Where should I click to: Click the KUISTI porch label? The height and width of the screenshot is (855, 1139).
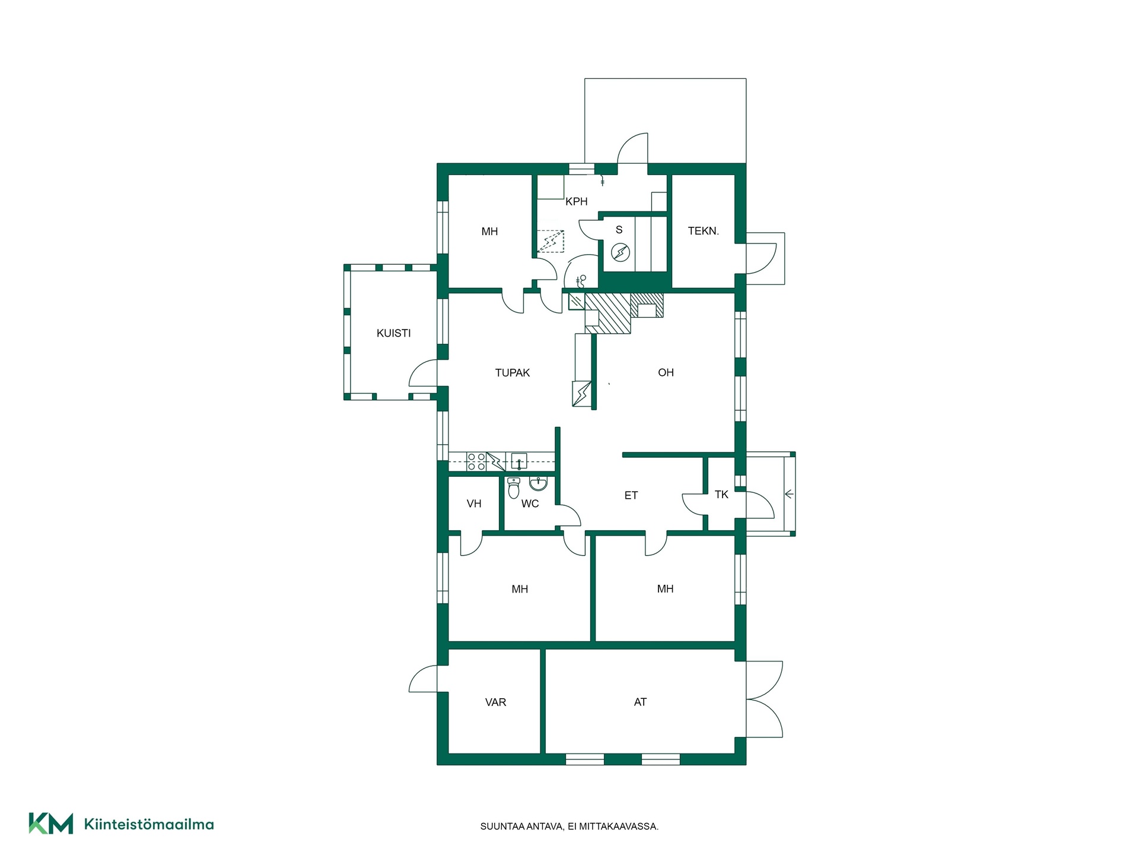[393, 333]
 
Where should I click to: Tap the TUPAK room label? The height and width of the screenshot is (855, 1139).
[513, 373]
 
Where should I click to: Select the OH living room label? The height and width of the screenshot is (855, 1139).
[666, 372]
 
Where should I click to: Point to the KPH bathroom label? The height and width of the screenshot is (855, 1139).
[576, 201]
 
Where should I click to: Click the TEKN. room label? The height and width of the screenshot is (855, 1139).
[704, 231]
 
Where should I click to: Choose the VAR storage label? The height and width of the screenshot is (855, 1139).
[496, 702]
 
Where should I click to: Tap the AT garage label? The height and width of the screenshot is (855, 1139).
[640, 702]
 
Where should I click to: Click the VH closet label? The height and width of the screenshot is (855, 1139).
[474, 503]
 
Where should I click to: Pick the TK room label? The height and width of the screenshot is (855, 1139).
[721, 495]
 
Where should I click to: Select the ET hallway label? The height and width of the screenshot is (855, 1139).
[631, 495]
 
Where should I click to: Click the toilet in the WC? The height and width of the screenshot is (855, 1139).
[514, 488]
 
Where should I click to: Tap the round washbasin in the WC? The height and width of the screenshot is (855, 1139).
[538, 483]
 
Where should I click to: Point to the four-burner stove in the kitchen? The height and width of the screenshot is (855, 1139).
[476, 462]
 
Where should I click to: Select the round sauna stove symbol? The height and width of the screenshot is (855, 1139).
[620, 253]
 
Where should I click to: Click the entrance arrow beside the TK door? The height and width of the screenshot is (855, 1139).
[789, 493]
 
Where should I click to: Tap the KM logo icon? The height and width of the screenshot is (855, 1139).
[51, 824]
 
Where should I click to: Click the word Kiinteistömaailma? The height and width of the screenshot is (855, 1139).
[149, 824]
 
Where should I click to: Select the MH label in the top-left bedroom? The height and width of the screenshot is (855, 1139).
[489, 232]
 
